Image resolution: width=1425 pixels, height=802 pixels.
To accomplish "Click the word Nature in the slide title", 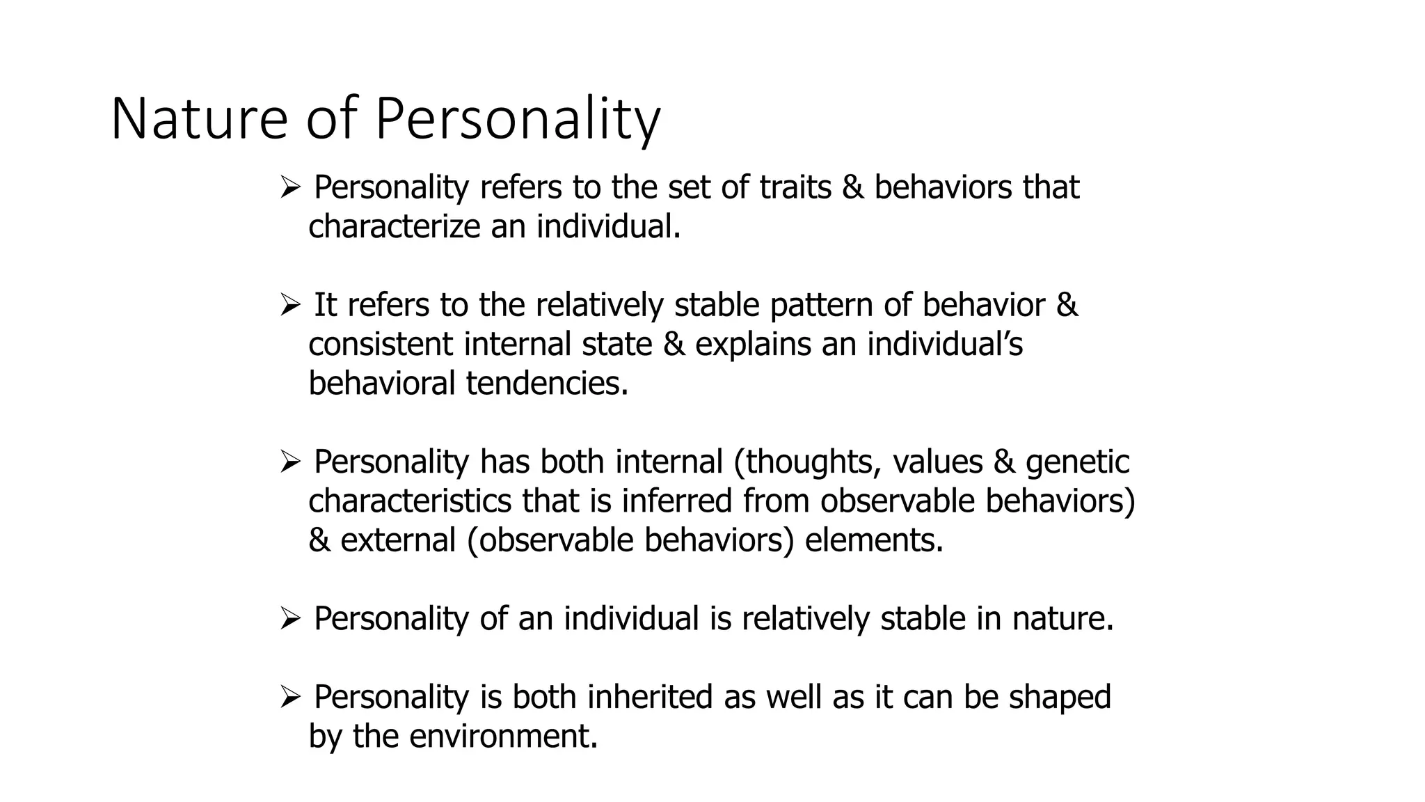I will click(199, 120).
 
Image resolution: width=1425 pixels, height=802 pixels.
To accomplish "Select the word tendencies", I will click(547, 383).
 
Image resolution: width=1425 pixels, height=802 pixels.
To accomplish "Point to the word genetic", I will click(1078, 462).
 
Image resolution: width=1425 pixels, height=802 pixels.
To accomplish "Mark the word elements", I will click(874, 540).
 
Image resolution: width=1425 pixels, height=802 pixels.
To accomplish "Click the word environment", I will click(503, 736).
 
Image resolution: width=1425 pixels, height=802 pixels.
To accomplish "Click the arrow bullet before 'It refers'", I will click(289, 305).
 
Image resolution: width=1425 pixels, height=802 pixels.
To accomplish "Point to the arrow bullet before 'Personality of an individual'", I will click(289, 618).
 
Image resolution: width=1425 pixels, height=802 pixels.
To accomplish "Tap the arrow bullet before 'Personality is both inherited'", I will click(289, 697).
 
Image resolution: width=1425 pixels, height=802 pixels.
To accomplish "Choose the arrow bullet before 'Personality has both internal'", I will click(289, 462).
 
